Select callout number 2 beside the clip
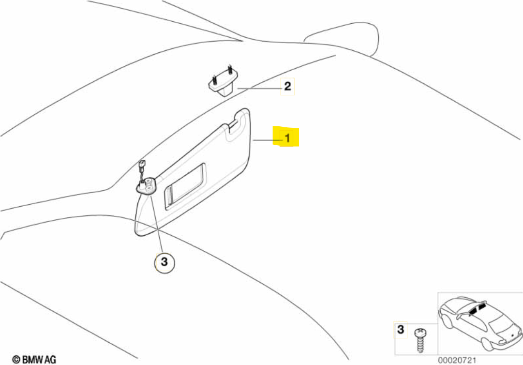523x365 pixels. click(287, 87)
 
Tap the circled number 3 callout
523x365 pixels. click(164, 262)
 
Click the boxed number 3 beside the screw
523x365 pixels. click(401, 330)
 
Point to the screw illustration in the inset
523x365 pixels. click(420, 340)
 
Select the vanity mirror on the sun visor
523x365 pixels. click(184, 186)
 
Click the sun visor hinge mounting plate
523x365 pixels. click(147, 187)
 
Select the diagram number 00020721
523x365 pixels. click(457, 360)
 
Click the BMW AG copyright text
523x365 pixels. click(34, 360)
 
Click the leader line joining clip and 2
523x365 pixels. click(259, 88)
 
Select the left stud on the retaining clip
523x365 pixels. click(213, 80)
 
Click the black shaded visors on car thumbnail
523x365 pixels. click(478, 309)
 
